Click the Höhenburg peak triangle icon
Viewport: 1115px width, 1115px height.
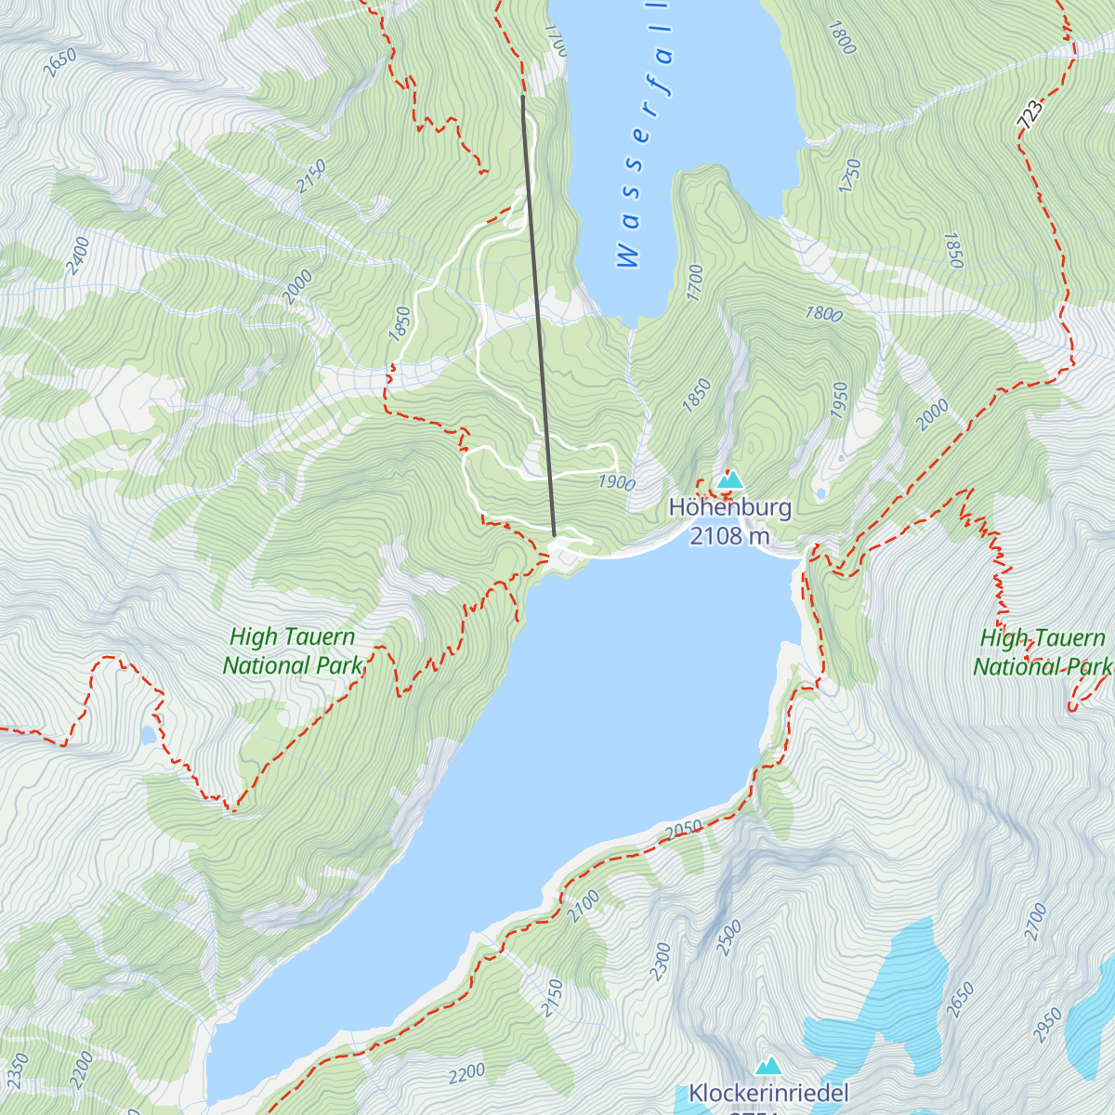pyautogui.click(x=730, y=480)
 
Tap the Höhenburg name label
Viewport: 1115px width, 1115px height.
pyautogui.click(x=730, y=507)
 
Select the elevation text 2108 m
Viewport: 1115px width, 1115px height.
pyautogui.click(x=730, y=535)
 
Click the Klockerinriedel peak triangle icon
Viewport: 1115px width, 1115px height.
pyautogui.click(x=768, y=1066)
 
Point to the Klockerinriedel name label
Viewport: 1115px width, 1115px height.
pyautogui.click(x=768, y=1093)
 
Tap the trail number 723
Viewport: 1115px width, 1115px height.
pyautogui.click(x=1030, y=115)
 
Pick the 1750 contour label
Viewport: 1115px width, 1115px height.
pyautogui.click(x=849, y=176)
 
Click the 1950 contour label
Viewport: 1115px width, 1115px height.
pyautogui.click(x=840, y=400)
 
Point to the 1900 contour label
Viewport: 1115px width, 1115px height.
pyautogui.click(x=616, y=482)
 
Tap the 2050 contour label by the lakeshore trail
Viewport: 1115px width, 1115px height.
pyautogui.click(x=685, y=829)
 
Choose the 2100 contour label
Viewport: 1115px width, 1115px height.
pyautogui.click(x=584, y=906)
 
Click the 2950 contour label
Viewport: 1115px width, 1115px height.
pyautogui.click(x=1047, y=1026)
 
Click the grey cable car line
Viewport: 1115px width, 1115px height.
pyautogui.click(x=539, y=316)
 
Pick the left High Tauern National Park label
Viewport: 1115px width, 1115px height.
pyautogui.click(x=292, y=651)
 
